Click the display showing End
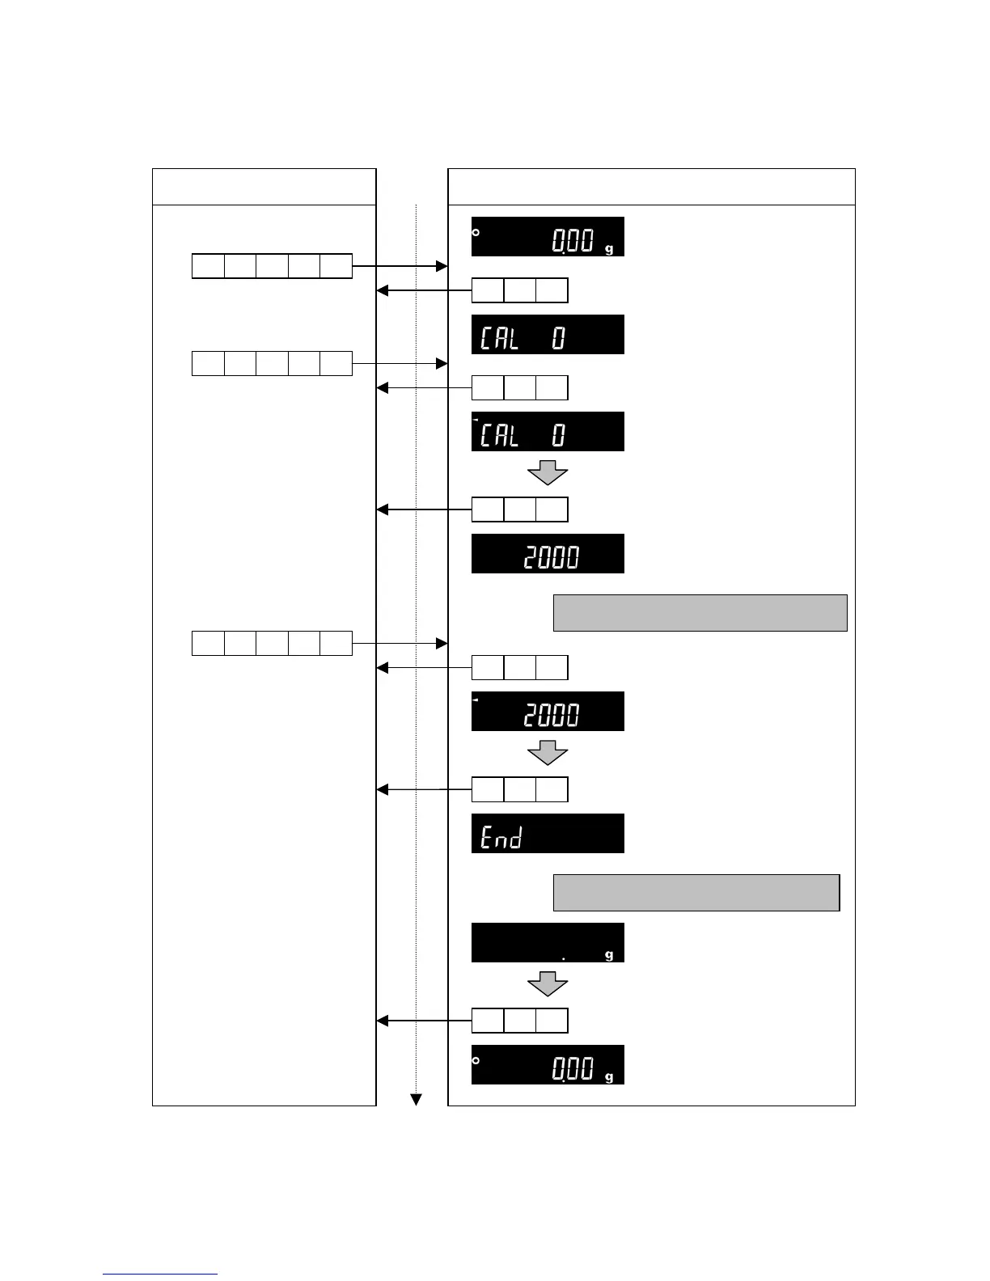point(548,833)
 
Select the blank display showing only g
point(548,942)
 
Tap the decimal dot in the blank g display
point(564,958)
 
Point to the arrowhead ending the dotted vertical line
point(416,1099)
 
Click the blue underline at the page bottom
point(160,1275)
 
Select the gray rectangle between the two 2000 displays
point(700,612)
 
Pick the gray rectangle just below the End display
point(696,892)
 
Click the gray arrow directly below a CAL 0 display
point(548,471)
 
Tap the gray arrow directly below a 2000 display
point(548,754)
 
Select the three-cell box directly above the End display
point(519,789)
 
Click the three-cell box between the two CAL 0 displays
point(519,387)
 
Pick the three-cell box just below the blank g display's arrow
point(519,1021)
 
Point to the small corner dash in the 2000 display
point(476,700)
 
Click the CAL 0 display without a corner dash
point(548,334)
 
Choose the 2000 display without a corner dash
point(548,553)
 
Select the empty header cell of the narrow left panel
point(264,187)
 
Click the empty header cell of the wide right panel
point(651,187)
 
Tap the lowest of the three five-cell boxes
point(272,643)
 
